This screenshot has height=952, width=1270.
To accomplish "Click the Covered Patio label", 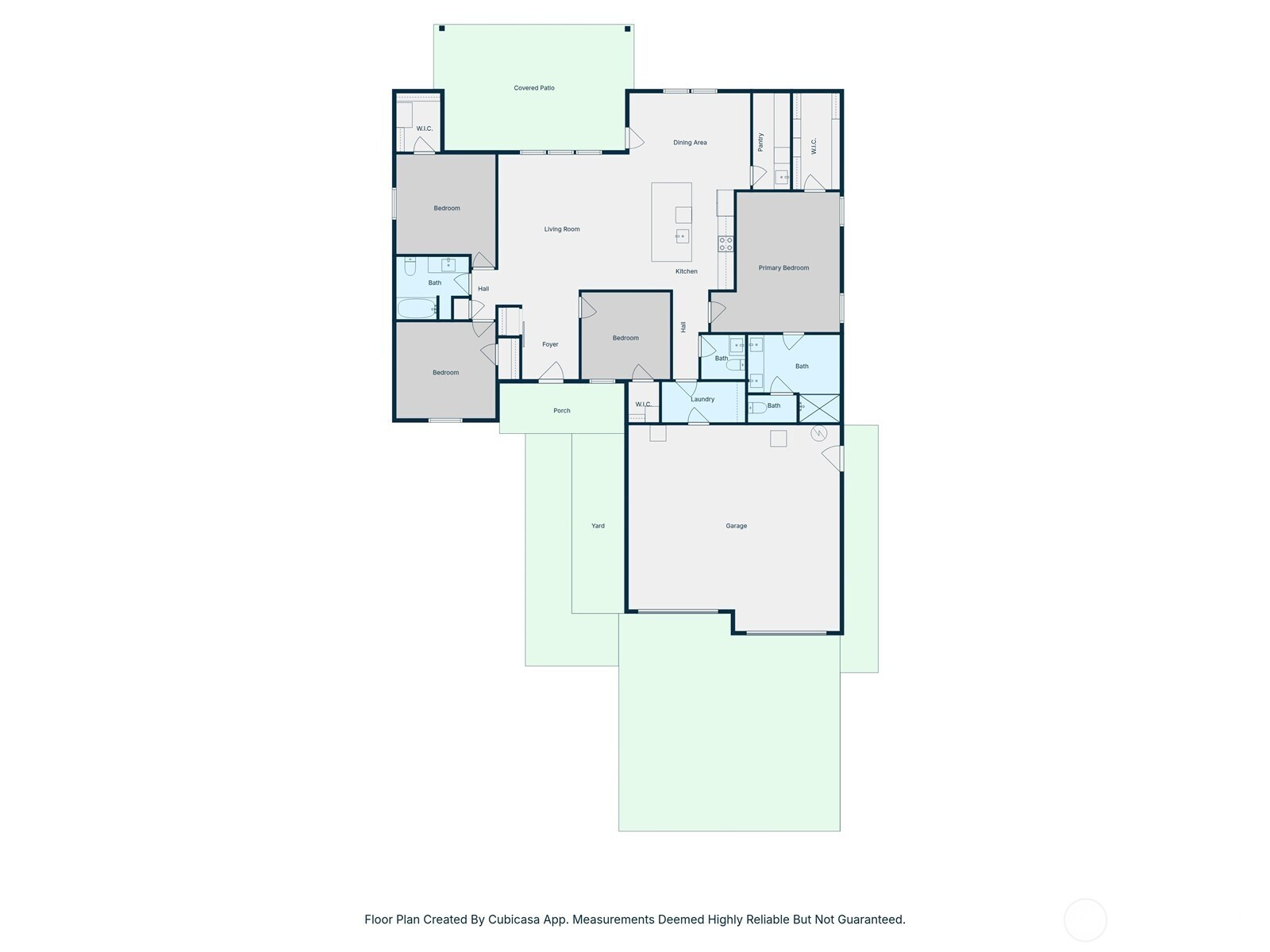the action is pyautogui.click(x=533, y=88).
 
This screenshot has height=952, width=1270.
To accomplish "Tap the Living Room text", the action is pyautogui.click(x=561, y=229).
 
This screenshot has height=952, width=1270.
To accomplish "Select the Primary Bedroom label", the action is pyautogui.click(x=783, y=267).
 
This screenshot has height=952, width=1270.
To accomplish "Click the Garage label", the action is pyautogui.click(x=736, y=525).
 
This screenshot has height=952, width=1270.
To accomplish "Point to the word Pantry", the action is pyautogui.click(x=760, y=142).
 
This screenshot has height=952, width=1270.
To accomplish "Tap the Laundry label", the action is pyautogui.click(x=702, y=399).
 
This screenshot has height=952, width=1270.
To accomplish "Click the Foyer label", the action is pyautogui.click(x=549, y=344).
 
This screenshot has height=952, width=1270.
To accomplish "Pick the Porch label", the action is pyautogui.click(x=561, y=410).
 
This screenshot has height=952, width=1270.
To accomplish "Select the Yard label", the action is pyautogui.click(x=598, y=525).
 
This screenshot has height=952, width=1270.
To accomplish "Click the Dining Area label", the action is pyautogui.click(x=690, y=142).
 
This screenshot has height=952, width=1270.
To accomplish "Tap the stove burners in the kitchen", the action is pyautogui.click(x=725, y=244).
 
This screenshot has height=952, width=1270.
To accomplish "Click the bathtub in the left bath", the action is pyautogui.click(x=417, y=308).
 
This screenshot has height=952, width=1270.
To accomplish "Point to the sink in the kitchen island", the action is pyautogui.click(x=682, y=236).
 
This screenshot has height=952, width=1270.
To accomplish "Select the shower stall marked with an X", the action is pyautogui.click(x=819, y=408).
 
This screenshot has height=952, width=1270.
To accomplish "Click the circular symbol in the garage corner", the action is pyautogui.click(x=818, y=433).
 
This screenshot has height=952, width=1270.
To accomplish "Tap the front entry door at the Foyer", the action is pyautogui.click(x=551, y=372).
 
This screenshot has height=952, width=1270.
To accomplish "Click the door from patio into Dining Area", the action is pyautogui.click(x=635, y=138).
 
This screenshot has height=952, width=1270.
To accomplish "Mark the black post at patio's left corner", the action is pyautogui.click(x=441, y=29).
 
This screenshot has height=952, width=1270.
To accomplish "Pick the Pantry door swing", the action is pyautogui.click(x=758, y=175).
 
